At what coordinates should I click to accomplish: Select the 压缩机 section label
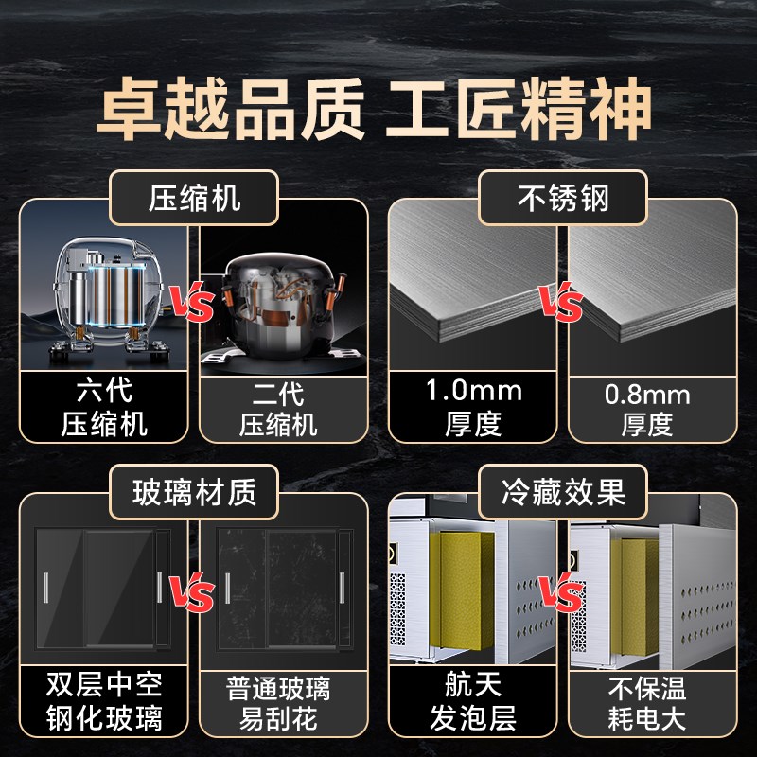(x=195, y=199)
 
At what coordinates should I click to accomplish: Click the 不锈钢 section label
(x=563, y=199)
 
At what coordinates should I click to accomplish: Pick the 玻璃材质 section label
(x=195, y=492)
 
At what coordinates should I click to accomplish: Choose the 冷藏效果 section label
(x=563, y=492)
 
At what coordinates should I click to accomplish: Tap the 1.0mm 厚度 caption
(x=472, y=407)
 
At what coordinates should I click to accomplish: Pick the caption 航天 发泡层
(x=473, y=700)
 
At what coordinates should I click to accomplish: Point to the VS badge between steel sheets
(x=561, y=306)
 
